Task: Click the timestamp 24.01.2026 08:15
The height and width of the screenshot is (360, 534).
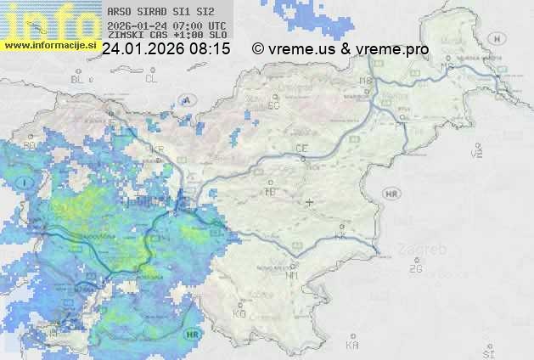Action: point(166,49)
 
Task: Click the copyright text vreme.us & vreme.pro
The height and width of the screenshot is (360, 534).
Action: point(340,49)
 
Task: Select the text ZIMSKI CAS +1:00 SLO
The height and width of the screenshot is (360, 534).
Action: point(167,35)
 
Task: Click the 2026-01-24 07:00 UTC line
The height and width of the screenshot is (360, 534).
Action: point(167,25)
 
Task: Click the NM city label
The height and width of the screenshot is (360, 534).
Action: point(293,274)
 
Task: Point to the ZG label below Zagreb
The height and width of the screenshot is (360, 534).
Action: point(415,269)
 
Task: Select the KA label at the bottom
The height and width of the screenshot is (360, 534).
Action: point(352,346)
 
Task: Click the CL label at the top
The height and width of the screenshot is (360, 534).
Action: point(151,79)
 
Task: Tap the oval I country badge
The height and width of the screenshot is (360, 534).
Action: point(26,183)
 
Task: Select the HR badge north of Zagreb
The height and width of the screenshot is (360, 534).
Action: point(392,194)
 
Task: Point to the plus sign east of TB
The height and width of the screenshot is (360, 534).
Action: point(309,203)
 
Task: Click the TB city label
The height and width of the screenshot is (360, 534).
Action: point(270,192)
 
